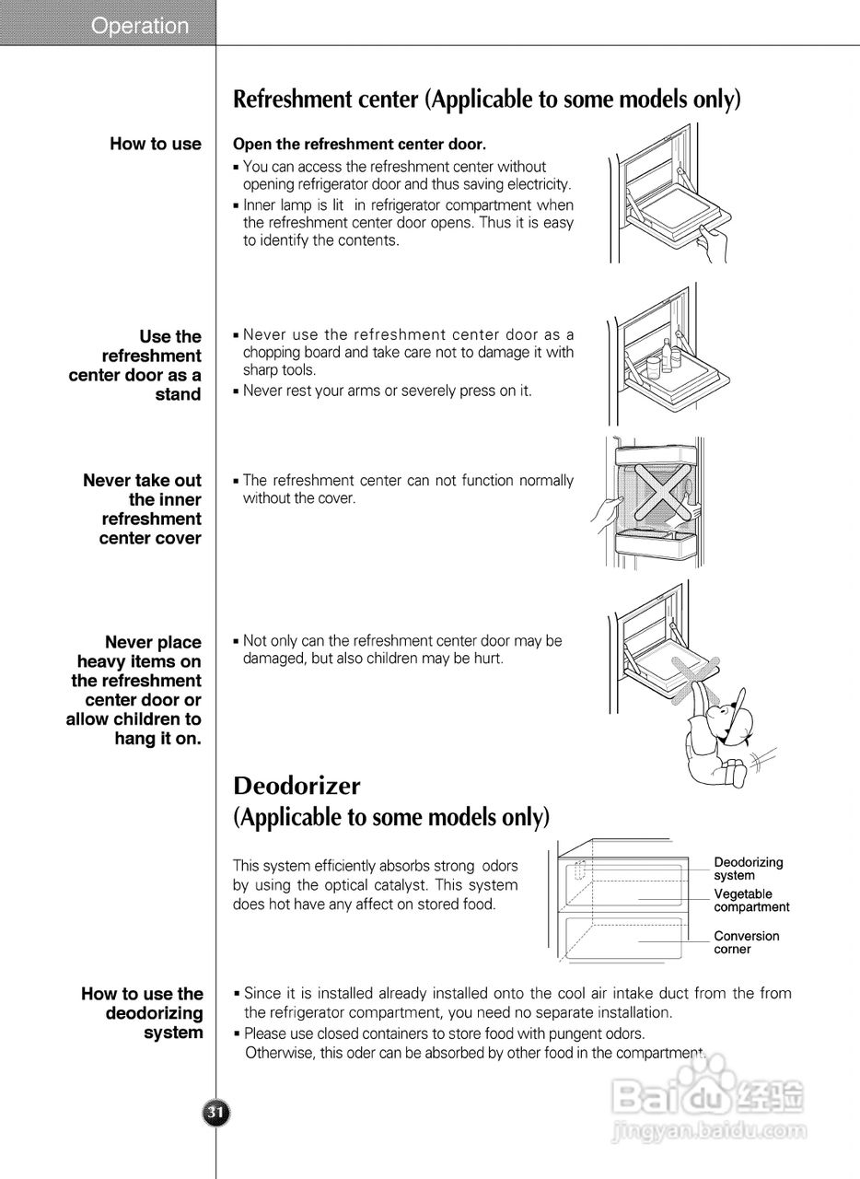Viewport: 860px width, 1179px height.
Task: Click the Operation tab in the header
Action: coord(139,26)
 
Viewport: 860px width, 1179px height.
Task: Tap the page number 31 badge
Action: coord(215,1113)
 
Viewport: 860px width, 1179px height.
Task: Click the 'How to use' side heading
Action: coord(156,144)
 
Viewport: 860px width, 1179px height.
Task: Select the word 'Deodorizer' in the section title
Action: coord(296,786)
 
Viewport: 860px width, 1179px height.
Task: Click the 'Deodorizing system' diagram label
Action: coord(748,869)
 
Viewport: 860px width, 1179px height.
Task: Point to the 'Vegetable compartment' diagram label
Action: coord(750,900)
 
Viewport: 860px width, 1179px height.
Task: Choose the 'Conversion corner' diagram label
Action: coord(746,942)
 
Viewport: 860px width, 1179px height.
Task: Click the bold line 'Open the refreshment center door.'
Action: coord(359,145)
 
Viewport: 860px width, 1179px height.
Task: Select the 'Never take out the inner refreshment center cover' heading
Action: coord(144,509)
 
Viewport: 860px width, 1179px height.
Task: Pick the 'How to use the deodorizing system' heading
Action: coord(144,1012)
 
